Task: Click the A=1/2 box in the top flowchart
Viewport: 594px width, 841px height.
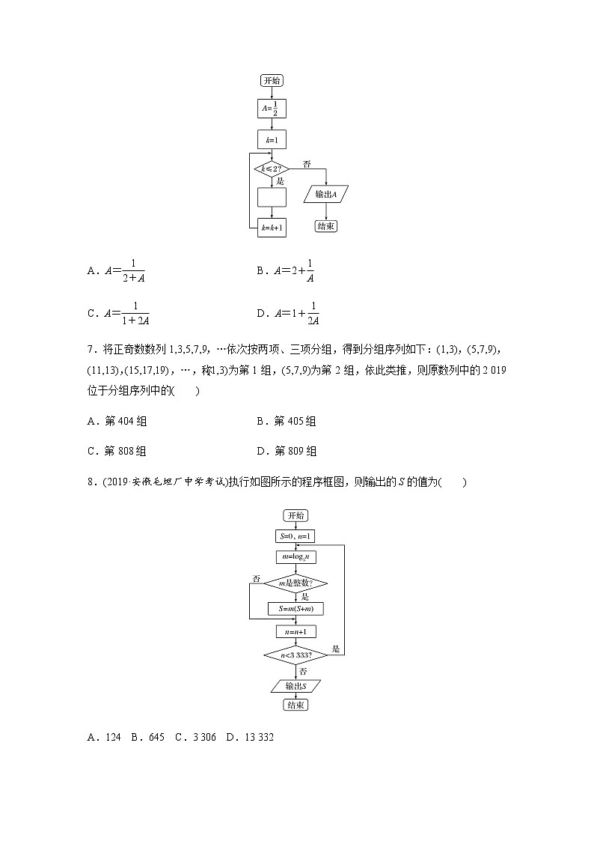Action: click(x=272, y=109)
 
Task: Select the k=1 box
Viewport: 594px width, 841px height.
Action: click(x=272, y=140)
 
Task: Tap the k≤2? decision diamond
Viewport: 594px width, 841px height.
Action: click(x=272, y=169)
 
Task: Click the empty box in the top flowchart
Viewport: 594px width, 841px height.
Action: click(x=272, y=198)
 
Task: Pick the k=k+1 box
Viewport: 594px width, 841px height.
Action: click(x=272, y=228)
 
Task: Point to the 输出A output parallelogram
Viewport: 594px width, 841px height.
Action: click(x=327, y=195)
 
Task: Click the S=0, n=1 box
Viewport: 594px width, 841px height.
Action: click(x=295, y=536)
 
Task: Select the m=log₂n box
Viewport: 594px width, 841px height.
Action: click(x=295, y=557)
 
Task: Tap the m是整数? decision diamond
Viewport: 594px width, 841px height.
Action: click(x=295, y=583)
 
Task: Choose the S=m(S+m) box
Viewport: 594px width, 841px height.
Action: click(x=295, y=609)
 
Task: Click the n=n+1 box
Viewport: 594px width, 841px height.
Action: click(x=295, y=631)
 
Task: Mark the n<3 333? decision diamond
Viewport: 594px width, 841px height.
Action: click(x=295, y=655)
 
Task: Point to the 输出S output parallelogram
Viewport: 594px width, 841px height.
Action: click(x=295, y=684)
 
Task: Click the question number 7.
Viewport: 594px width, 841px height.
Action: click(x=91, y=350)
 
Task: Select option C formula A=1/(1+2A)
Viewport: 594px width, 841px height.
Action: click(x=124, y=313)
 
